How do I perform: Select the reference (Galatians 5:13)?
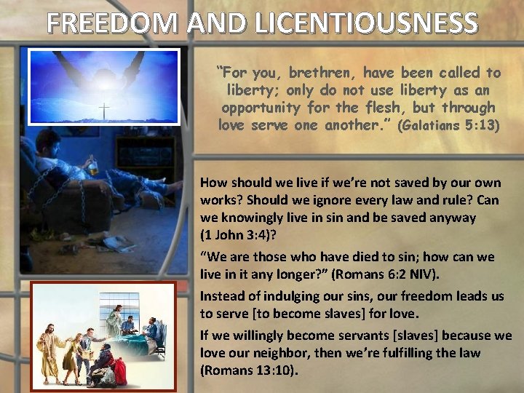click(x=449, y=125)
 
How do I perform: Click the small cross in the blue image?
click(x=104, y=111)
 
